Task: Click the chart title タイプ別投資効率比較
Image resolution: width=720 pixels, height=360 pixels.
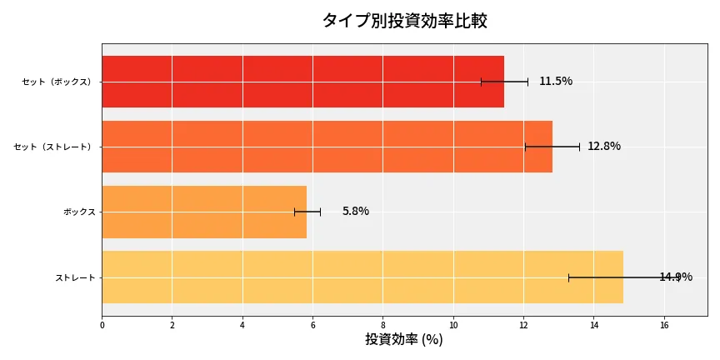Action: (404, 21)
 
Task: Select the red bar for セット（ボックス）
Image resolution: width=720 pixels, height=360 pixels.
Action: (302, 82)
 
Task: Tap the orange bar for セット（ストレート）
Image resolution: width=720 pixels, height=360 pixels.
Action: (327, 147)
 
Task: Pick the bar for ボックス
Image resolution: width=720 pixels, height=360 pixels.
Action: (204, 212)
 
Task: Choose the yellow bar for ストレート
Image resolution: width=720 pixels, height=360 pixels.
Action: (362, 277)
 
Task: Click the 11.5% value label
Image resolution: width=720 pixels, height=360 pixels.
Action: (556, 82)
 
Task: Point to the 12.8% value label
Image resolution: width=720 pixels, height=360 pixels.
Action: (604, 147)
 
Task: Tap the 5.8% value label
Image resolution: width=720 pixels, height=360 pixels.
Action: (355, 212)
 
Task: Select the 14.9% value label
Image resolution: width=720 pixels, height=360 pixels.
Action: (676, 277)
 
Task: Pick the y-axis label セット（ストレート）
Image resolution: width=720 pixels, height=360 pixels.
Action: (54, 147)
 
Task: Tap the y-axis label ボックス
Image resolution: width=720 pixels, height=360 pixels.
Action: (79, 212)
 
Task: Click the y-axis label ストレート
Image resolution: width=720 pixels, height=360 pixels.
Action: (75, 277)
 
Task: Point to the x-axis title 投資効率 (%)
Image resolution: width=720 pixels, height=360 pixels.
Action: (404, 340)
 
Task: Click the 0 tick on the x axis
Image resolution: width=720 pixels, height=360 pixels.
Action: (102, 325)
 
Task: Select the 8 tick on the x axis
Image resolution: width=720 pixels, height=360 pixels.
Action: (383, 325)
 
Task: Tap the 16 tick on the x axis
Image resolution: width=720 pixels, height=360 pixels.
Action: (664, 325)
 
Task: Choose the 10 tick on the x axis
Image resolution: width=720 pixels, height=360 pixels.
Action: (453, 325)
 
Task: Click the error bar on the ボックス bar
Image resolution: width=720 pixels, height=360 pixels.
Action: (307, 212)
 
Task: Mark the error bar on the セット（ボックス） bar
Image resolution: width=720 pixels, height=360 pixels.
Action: (504, 82)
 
